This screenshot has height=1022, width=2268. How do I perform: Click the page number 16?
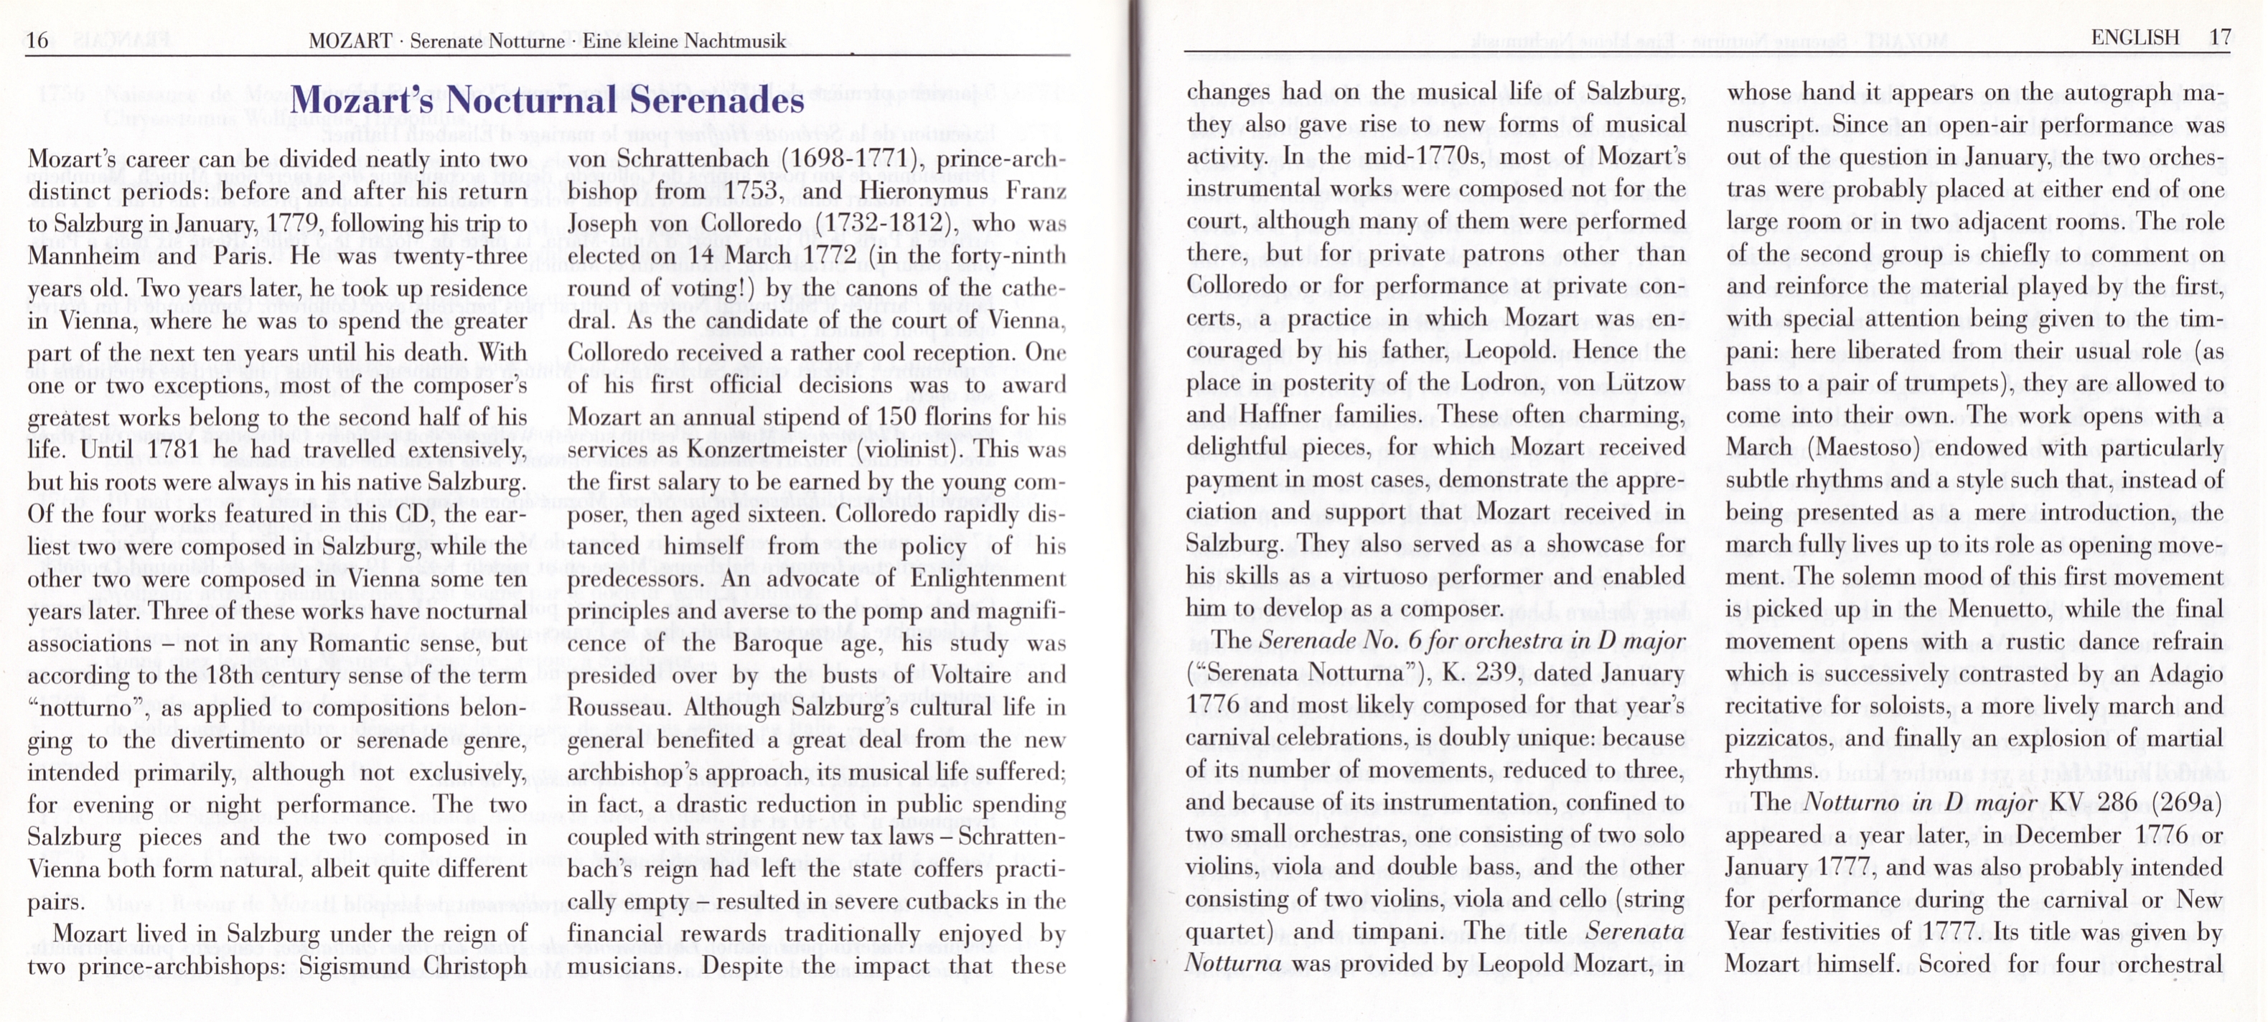37,40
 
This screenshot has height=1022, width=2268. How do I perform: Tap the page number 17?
2221,38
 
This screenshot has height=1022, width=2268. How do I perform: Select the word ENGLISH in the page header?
2135,38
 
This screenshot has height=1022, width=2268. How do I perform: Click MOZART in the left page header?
350,42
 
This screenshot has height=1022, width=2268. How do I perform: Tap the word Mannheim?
84,256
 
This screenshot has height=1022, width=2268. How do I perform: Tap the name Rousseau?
618,708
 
